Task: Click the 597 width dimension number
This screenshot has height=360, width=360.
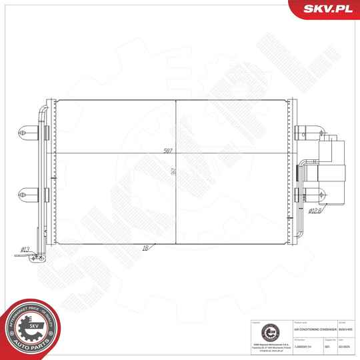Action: click(169, 151)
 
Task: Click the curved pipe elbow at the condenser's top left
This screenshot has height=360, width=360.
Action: click(44, 108)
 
